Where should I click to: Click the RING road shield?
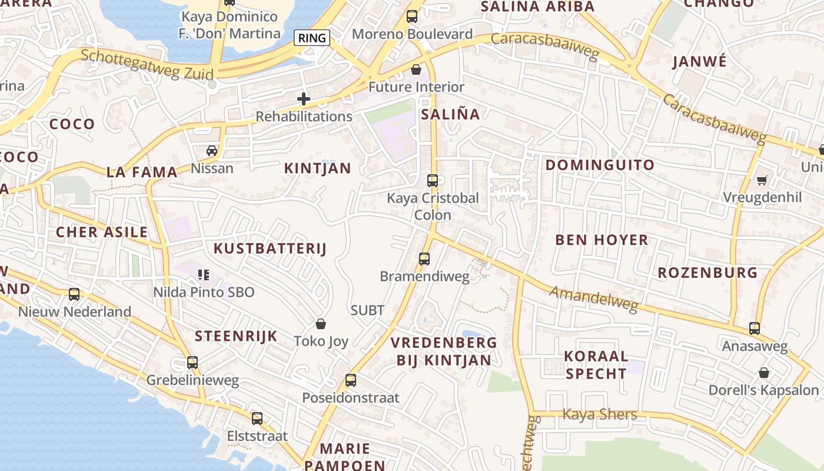tap(312, 38)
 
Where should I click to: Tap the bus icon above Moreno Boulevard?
tap(412, 16)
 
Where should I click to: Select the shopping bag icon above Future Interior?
tap(416, 69)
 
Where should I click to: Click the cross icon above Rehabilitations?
tap(304, 99)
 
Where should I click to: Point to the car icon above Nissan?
tap(212, 151)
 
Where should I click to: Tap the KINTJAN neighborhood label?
tap(317, 168)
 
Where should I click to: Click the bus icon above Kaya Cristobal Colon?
tap(433, 181)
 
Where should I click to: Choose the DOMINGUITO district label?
tap(600, 165)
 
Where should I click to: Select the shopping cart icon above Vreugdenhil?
tap(762, 180)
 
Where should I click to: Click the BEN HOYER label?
tap(602, 240)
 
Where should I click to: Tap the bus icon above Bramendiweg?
tap(424, 258)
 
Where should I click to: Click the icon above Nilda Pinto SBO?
tap(204, 274)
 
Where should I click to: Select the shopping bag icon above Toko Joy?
tap(321, 324)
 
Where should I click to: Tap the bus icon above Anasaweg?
tap(755, 329)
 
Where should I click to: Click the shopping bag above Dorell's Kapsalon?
tap(763, 373)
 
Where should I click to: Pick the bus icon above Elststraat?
tap(257, 419)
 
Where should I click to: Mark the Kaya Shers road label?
tap(599, 414)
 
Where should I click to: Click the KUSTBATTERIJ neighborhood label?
tap(270, 248)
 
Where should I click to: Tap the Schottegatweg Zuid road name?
tap(147, 63)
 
